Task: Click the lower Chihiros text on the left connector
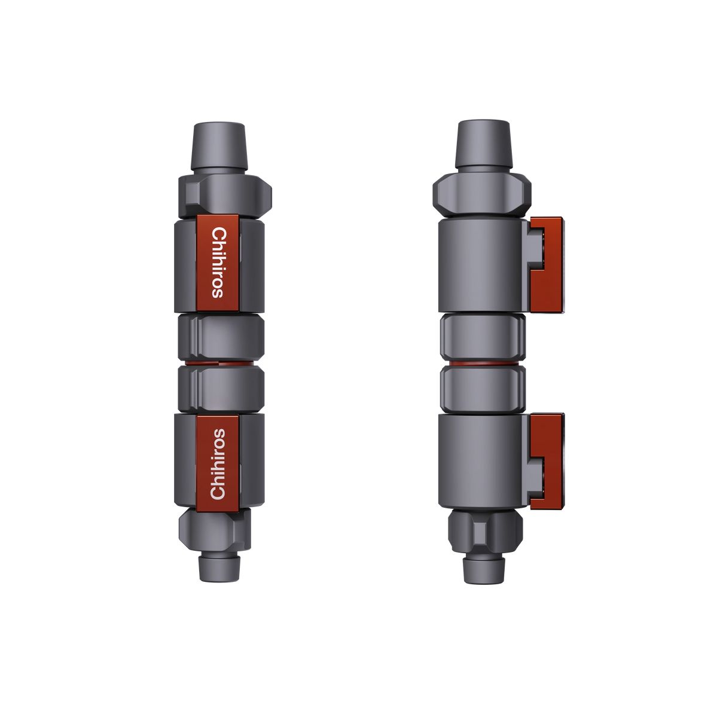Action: click(219, 463)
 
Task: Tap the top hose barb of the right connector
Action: click(483, 144)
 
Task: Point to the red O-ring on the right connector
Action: click(484, 363)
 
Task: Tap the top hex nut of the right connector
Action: click(482, 192)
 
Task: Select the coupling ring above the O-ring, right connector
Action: click(483, 337)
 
